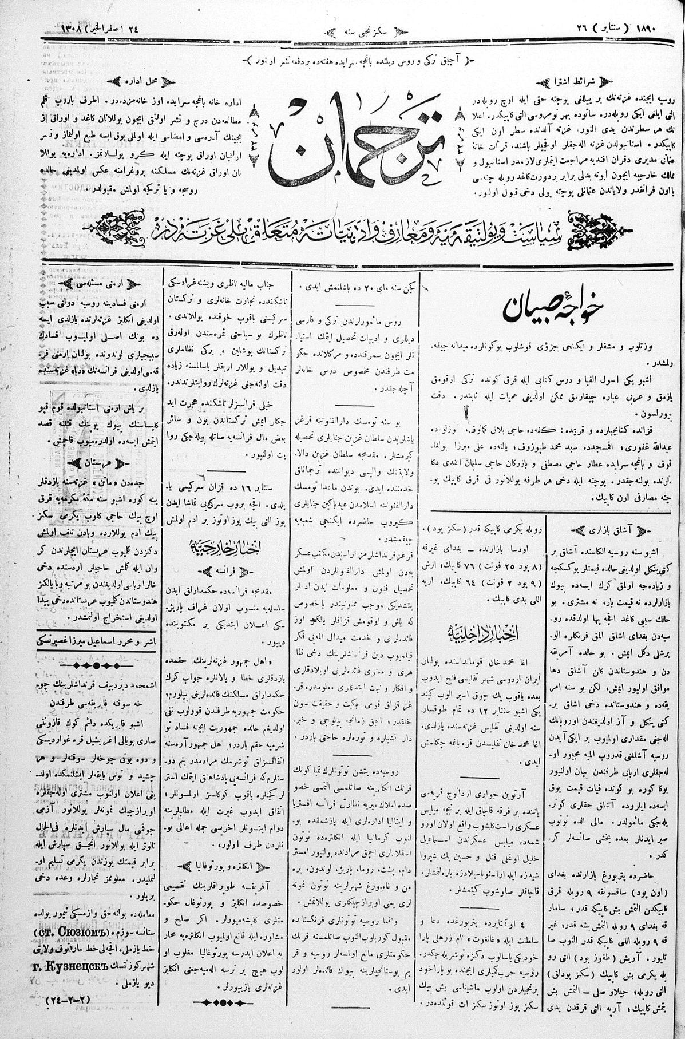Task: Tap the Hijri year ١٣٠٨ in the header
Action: (73, 27)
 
